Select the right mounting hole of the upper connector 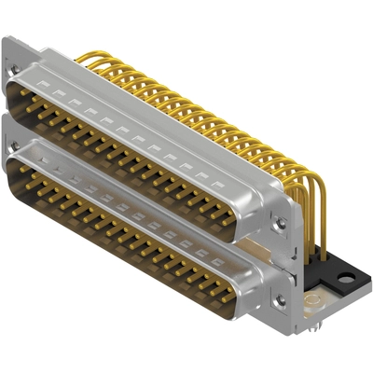276,224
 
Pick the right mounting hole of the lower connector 276,300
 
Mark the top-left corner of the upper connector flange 5,39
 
